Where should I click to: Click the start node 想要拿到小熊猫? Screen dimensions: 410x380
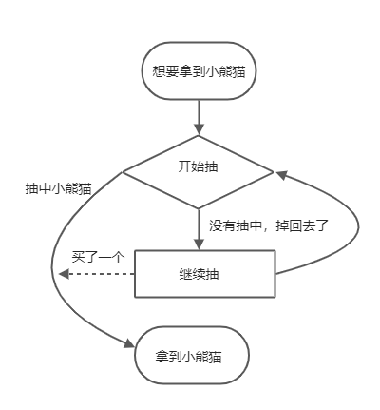coord(199,70)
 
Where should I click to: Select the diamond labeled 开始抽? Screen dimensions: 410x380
coord(199,166)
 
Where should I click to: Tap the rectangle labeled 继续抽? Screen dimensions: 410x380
coord(204,273)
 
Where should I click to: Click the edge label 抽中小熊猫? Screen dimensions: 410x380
coord(58,189)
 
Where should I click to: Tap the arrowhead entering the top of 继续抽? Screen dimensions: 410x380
coord(199,245)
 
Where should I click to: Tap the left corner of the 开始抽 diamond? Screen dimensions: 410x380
coord(123,172)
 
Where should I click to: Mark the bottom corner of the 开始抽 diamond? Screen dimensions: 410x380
coord(199,208)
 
